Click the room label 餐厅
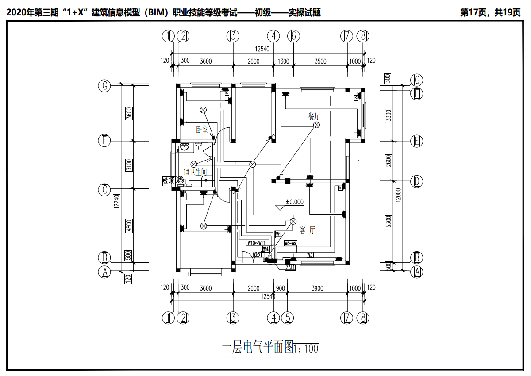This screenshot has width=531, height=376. click(314, 116)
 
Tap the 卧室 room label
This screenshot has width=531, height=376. click(202, 130)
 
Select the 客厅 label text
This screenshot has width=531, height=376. click(308, 230)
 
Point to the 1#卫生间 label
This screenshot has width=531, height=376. click(195, 172)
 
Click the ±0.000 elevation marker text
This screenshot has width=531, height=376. click(295, 202)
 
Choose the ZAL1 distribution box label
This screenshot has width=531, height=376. click(290, 267)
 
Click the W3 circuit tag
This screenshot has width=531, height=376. click(310, 254)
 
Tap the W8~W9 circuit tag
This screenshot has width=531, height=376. click(291, 243)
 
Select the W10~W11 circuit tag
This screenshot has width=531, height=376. click(256, 243)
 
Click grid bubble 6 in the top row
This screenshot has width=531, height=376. click(293, 36)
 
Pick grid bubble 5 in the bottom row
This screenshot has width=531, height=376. click(288, 318)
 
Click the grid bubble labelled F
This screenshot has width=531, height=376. click(416, 93)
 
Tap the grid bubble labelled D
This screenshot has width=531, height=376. click(416, 181)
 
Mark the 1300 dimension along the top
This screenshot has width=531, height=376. click(283, 61)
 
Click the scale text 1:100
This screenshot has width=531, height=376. click(306, 349)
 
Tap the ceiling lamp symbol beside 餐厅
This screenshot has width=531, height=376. click(317, 125)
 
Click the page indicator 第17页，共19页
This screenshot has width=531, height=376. click(490, 12)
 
